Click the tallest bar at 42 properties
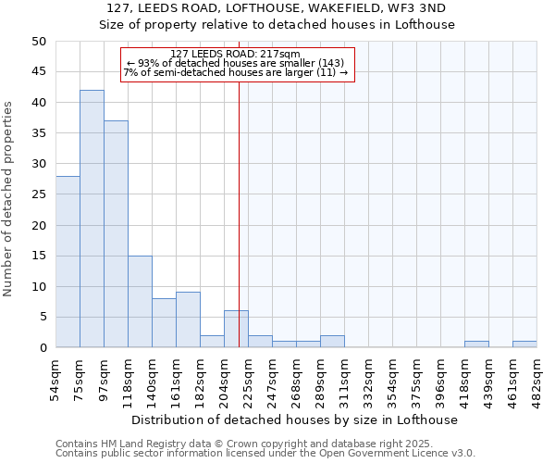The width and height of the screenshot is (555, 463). pos(92,219)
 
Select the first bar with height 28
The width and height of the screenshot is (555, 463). pos(68,262)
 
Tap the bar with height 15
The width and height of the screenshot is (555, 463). pos(140,302)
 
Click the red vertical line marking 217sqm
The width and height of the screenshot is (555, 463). pos(240,204)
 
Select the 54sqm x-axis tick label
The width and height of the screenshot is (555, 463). pos(55,379)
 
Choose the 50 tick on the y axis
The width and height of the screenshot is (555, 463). pos(39,42)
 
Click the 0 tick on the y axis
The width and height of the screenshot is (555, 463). pos(43,347)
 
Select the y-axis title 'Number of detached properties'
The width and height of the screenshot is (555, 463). pos(9,194)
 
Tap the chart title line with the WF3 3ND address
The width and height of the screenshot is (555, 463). pos(277,7)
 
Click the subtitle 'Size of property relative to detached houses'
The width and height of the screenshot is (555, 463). pos(277,25)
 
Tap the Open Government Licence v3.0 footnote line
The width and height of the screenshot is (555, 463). pos(265,454)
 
